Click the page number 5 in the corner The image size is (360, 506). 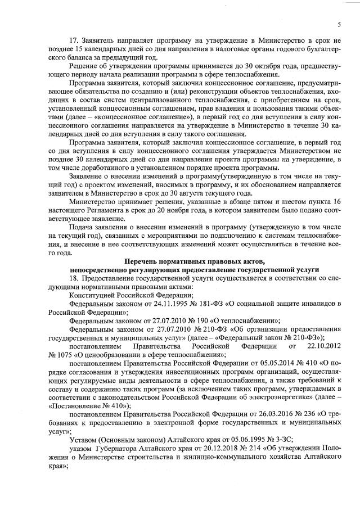(x=340, y=24)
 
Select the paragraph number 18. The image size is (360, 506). (x=72, y=279)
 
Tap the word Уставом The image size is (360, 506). (x=83, y=439)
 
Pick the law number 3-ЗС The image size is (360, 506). (x=275, y=439)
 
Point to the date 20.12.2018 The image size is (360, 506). (x=214, y=448)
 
